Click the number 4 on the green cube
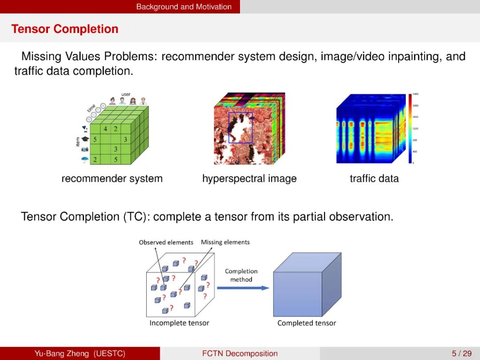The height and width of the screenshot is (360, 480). [105, 129]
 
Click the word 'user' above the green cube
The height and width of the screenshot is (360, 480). [126, 94]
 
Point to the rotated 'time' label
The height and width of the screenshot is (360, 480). [91, 108]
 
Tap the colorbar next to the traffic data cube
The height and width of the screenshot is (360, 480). [410, 128]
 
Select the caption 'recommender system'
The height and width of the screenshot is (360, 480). [112, 179]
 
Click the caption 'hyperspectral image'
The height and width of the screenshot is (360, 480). [249, 179]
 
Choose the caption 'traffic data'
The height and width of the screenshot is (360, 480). [374, 179]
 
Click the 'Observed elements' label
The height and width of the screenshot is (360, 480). [166, 242]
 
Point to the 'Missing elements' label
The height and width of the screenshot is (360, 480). [225, 242]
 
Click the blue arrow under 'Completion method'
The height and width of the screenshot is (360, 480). [244, 288]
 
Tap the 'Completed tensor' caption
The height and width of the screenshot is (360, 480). [307, 323]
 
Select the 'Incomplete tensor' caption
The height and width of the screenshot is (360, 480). [179, 323]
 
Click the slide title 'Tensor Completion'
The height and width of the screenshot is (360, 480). [65, 29]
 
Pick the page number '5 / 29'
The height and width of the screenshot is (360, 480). [461, 354]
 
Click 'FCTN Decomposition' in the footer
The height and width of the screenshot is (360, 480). [240, 354]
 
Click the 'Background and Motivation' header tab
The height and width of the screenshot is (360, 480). [184, 7]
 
